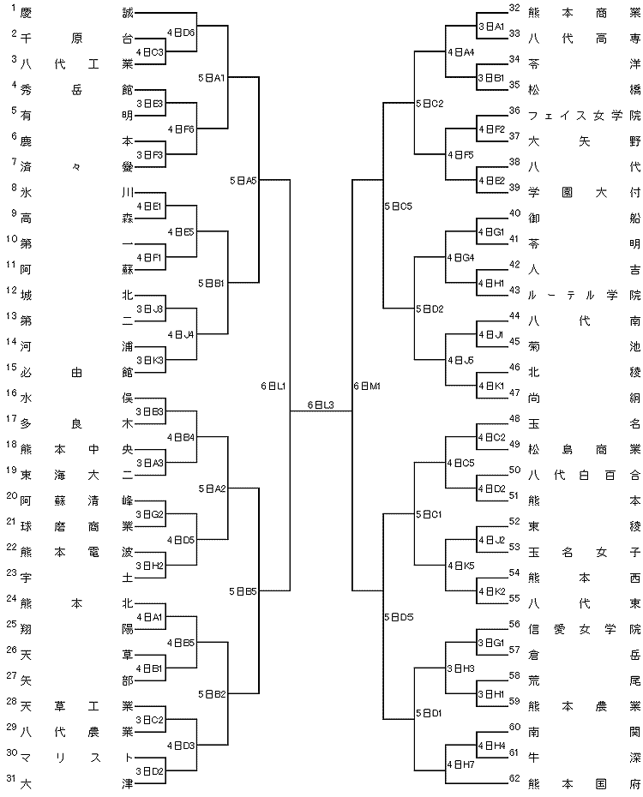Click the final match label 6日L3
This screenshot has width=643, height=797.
pos(321,405)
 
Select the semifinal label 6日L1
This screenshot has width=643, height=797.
pos(273,387)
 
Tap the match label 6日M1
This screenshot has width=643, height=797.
pos(367,387)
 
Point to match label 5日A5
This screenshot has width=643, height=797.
pos(243,181)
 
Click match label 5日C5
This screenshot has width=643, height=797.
pos(398,207)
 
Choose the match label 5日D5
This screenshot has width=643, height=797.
pos(399,617)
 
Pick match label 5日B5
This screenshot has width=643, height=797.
pos(243,591)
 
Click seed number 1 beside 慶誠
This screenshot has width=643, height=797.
pos(14,7)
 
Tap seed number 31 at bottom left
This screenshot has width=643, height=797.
pos(11,777)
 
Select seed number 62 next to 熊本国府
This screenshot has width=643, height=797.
pos(514,777)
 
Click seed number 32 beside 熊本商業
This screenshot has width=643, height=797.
pos(514,7)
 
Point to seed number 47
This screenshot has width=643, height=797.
pos(514,393)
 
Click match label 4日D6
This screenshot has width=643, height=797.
pos(181,33)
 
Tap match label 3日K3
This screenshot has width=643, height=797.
pos(149,361)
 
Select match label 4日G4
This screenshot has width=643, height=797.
pos(460,258)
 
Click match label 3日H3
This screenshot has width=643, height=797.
pos(460,668)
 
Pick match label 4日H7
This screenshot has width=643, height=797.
pos(460,764)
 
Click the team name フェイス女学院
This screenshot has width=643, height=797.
pos(585,116)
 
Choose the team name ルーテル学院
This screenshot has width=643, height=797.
pos(585,296)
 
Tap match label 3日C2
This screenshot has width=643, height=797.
pos(149,720)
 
